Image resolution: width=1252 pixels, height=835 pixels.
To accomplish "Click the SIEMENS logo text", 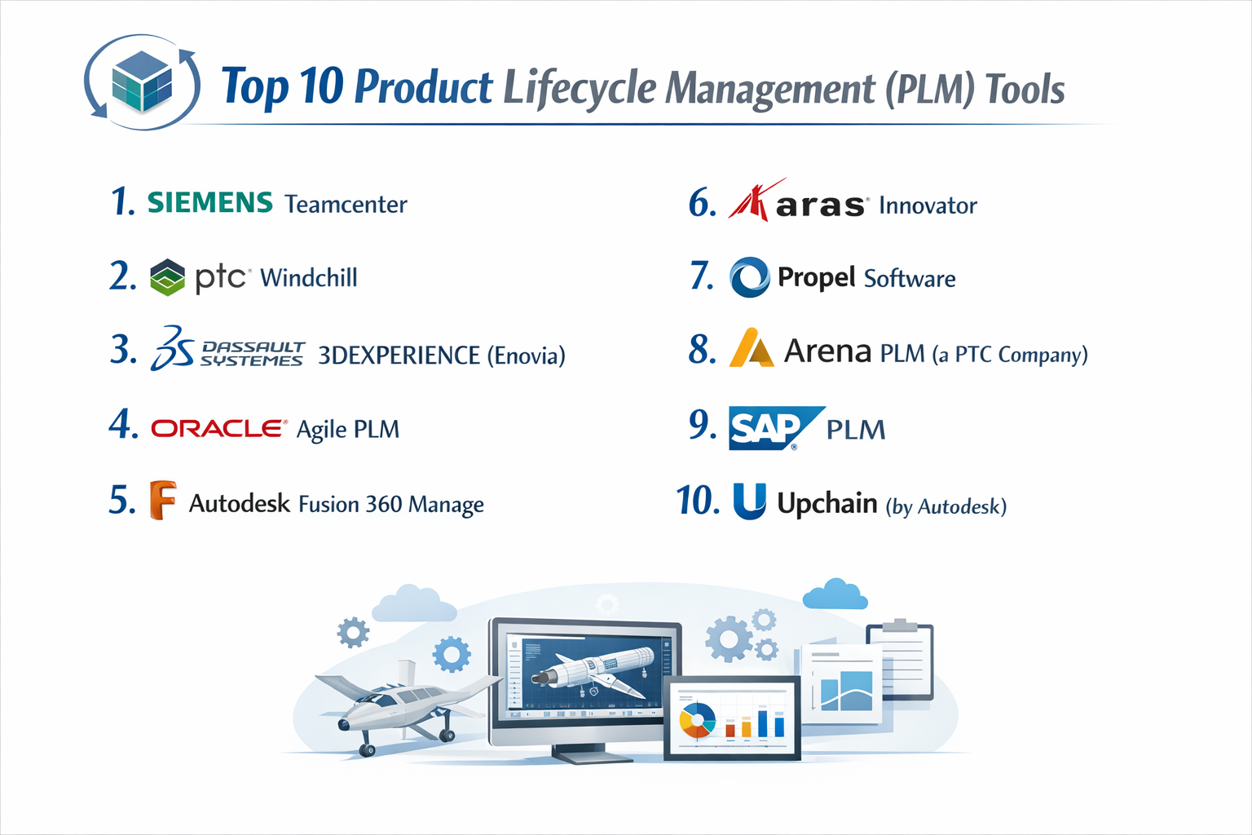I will (209, 202).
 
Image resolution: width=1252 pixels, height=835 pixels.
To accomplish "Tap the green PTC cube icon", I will (168, 277).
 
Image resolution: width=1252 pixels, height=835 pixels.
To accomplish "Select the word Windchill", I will (308, 278).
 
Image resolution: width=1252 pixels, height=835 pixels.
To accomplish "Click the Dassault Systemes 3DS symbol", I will (172, 348).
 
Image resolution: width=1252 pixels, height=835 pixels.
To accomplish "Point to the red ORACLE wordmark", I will (218, 428).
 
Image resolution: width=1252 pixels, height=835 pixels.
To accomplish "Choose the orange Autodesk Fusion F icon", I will (162, 500).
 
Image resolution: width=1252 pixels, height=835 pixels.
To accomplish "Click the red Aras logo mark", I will (749, 201).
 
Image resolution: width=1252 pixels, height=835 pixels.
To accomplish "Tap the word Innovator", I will (928, 205).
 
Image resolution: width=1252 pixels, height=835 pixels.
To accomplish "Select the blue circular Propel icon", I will (749, 277).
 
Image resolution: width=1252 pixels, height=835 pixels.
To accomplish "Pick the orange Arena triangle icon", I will (750, 348).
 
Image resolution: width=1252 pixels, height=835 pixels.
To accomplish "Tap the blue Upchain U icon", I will (749, 501).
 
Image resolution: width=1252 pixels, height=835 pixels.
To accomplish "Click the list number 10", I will (698, 501).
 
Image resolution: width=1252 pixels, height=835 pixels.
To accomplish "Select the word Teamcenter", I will (346, 204).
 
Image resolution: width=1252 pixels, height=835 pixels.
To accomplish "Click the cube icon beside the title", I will (142, 82).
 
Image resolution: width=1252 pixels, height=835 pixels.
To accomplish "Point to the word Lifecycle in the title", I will (579, 88).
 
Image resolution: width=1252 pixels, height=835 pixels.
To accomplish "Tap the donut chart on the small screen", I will (697, 721).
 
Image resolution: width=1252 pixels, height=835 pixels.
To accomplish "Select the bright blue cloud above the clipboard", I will (835, 595).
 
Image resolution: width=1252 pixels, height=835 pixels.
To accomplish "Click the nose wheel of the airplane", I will (368, 749).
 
